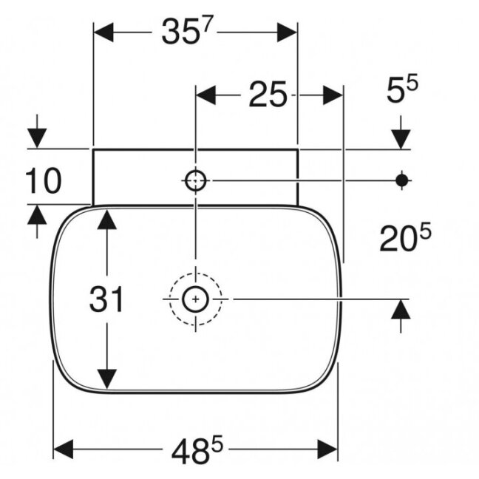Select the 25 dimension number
pyautogui.click(x=268, y=95)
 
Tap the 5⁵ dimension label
pyautogui.click(x=402, y=89)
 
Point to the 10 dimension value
pyautogui.click(x=44, y=181)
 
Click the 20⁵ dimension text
pyautogui.click(x=405, y=237)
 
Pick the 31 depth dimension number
pyautogui.click(x=106, y=299)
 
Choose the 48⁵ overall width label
pyautogui.click(x=197, y=450)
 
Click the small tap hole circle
pyautogui.click(x=195, y=181)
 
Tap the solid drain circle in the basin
pyautogui.click(x=195, y=299)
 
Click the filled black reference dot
pyautogui.click(x=401, y=180)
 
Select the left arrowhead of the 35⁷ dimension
pyautogui.click(x=103, y=32)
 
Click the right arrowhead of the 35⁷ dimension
pyautogui.click(x=287, y=32)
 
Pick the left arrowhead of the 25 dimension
pyautogui.click(x=205, y=95)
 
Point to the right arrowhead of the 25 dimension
pyautogui.click(x=333, y=95)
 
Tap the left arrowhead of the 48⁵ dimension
pyautogui.click(x=64, y=449)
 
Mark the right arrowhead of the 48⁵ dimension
pyautogui.click(x=327, y=449)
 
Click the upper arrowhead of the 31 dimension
pyautogui.click(x=107, y=220)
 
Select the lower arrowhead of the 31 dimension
pyautogui.click(x=107, y=379)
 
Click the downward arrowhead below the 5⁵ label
pyautogui.click(x=401, y=139)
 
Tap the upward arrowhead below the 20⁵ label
pyautogui.click(x=401, y=309)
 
